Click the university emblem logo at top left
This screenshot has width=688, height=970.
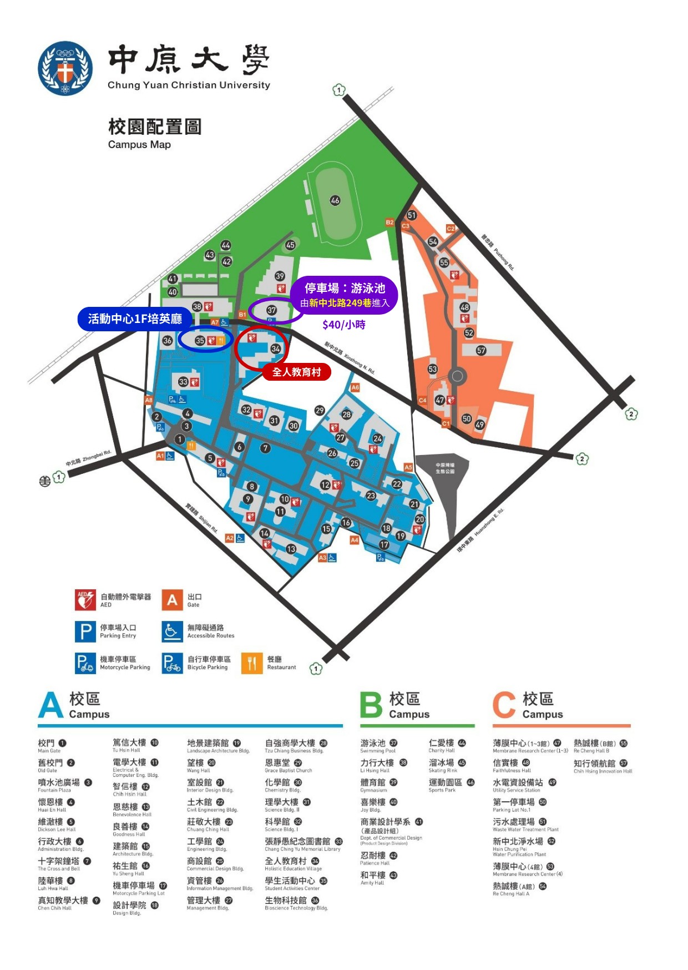pyautogui.click(x=65, y=68)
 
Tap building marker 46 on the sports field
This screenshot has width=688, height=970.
pyautogui.click(x=335, y=200)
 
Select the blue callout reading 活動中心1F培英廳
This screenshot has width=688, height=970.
pyautogui.click(x=135, y=319)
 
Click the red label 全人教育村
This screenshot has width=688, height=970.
pyautogui.click(x=296, y=372)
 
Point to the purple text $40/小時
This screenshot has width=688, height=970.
pyautogui.click(x=343, y=325)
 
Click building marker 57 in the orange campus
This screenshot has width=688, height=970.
pyautogui.click(x=481, y=350)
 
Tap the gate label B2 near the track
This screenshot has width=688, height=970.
pyautogui.click(x=389, y=223)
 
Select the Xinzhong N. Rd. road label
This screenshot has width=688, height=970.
pyautogui.click(x=350, y=358)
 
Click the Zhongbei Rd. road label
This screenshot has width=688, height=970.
pyautogui.click(x=89, y=457)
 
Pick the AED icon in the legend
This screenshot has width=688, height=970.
pyautogui.click(x=85, y=600)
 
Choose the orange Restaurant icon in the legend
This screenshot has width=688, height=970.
pyautogui.click(x=252, y=663)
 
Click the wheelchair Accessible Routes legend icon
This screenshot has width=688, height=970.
pyautogui.click(x=172, y=631)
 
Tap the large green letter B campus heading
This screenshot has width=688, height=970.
pyautogui.click(x=371, y=705)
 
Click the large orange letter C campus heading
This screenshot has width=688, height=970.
pyautogui.click(x=504, y=705)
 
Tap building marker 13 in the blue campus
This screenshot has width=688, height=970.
pyautogui.click(x=291, y=549)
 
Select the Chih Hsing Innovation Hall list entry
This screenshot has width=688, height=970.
pyautogui.click(x=601, y=766)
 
